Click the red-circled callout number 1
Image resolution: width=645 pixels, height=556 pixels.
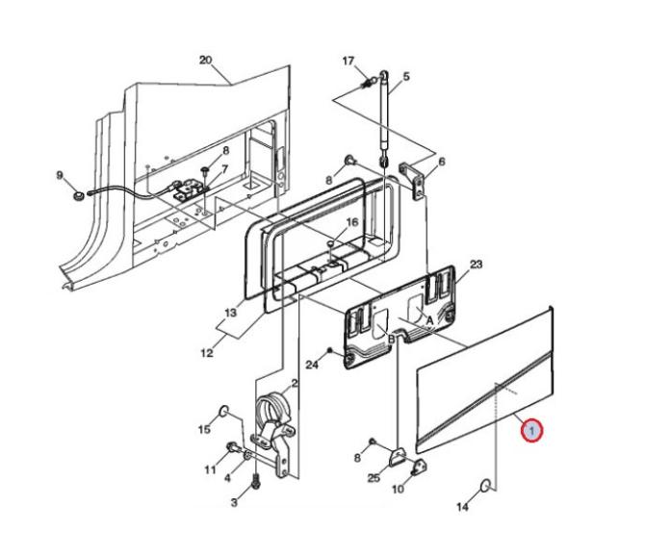pyautogui.click(x=531, y=431)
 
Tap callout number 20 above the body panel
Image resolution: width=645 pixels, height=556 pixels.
pyautogui.click(x=206, y=60)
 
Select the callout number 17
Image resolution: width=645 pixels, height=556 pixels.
pyautogui.click(x=348, y=61)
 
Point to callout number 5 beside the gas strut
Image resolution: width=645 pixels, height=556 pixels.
pyautogui.click(x=406, y=76)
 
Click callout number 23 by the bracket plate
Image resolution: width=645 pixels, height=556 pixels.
pyautogui.click(x=476, y=265)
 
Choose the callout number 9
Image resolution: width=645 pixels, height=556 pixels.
pyautogui.click(x=60, y=175)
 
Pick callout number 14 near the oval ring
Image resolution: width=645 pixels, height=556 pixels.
pyautogui.click(x=463, y=507)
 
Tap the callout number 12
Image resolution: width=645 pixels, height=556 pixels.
pyautogui.click(x=207, y=353)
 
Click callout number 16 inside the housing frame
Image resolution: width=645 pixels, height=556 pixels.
pyautogui.click(x=352, y=222)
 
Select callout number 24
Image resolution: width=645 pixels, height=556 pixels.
pyautogui.click(x=312, y=365)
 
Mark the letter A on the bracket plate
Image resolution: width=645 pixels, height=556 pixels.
pyautogui.click(x=429, y=320)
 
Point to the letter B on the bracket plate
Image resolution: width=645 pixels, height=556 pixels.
pyautogui.click(x=392, y=339)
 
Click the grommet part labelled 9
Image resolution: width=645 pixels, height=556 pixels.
pyautogui.click(x=78, y=195)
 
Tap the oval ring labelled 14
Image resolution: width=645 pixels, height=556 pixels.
pyautogui.click(x=486, y=486)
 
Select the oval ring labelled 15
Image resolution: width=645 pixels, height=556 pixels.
pyautogui.click(x=223, y=410)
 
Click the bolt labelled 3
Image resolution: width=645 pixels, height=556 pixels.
pyautogui.click(x=256, y=481)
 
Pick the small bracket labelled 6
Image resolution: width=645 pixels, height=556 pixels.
pyautogui.click(x=413, y=181)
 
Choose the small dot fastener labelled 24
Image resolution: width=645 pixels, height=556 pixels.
pyautogui.click(x=329, y=350)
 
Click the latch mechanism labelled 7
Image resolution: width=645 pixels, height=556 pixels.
pyautogui.click(x=189, y=190)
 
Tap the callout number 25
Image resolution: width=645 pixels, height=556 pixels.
pyautogui.click(x=374, y=478)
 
